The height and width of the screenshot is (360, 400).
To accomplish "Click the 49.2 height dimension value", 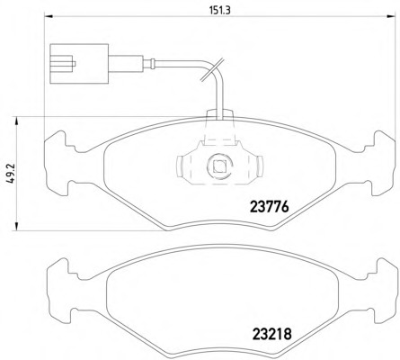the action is (12, 174).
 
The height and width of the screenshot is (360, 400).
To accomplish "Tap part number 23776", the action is (270, 207).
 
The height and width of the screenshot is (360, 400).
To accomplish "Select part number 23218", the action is (272, 334).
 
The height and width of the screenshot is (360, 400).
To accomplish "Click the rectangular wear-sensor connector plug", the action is (79, 64).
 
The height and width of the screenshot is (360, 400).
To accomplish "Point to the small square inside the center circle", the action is (219, 166).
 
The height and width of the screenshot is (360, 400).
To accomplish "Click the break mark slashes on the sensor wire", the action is (212, 69).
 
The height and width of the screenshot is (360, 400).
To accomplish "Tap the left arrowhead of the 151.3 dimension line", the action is (48, 16).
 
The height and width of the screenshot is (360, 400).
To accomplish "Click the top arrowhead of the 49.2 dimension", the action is (16, 121).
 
